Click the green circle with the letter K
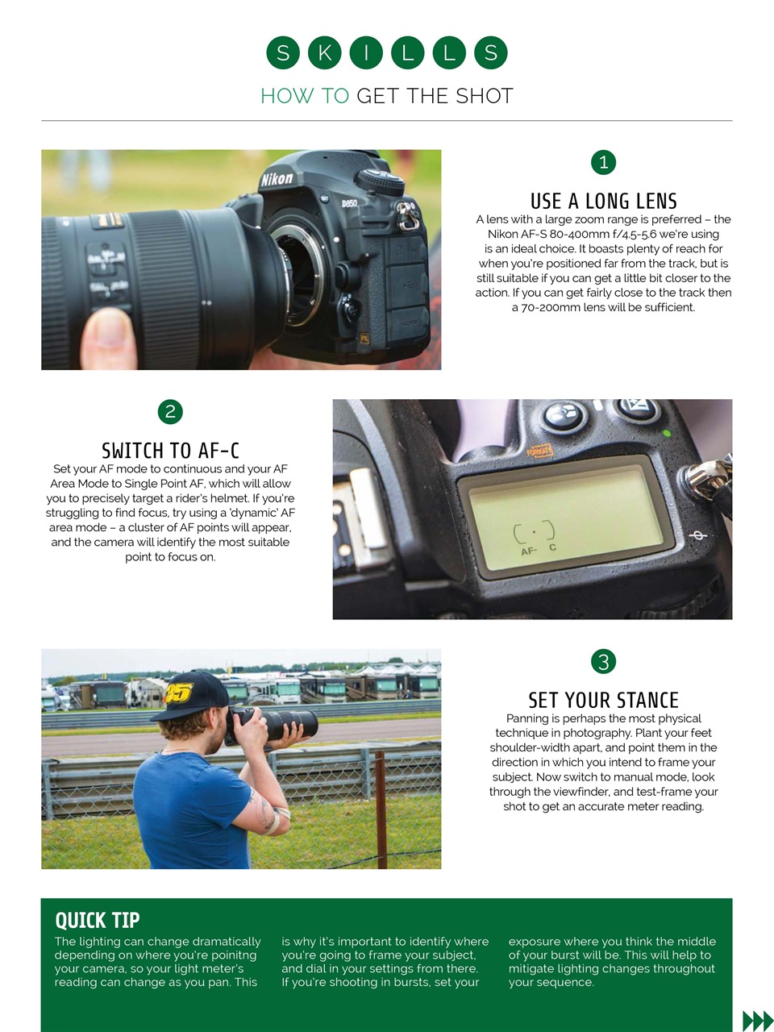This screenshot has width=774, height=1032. point(324,53)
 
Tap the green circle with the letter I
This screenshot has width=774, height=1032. point(366,53)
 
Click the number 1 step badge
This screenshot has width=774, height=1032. point(603,162)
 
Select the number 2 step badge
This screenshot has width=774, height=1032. point(170,412)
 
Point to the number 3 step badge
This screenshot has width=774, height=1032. point(603,662)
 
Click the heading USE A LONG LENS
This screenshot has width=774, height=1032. point(603,201)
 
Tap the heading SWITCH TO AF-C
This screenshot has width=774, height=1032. point(170,450)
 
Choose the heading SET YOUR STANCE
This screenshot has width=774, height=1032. point(603,700)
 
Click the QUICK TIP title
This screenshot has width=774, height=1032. point(97,920)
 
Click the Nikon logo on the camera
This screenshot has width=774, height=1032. point(277,179)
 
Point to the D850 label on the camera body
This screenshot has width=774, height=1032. point(348,203)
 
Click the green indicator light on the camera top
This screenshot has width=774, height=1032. point(666,434)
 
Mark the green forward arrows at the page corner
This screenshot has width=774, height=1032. point(757,1021)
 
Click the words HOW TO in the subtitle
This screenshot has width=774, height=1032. point(305,96)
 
